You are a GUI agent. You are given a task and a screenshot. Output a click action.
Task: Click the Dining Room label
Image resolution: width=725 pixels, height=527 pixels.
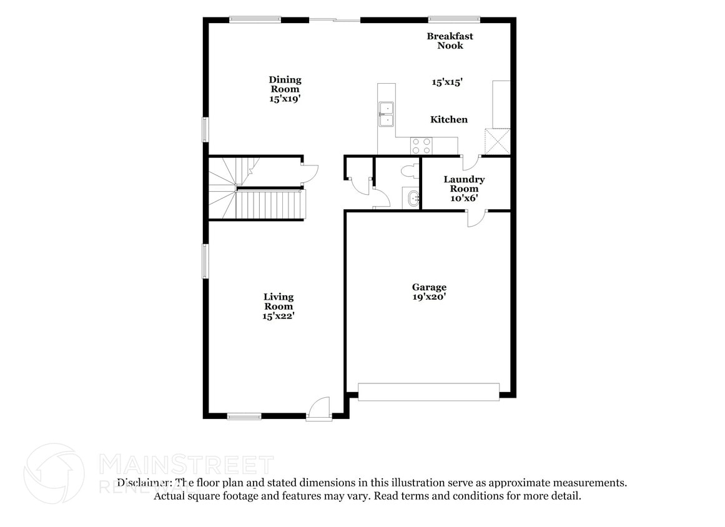tap(285, 84)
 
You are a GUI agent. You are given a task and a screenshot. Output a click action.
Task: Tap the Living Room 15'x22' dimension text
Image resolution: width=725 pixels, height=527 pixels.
tap(279, 317)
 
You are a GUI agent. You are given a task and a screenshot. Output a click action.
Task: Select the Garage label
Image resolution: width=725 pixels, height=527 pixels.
tap(429, 287)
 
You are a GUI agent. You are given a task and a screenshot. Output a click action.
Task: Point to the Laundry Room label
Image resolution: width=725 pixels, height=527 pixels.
tap(464, 184)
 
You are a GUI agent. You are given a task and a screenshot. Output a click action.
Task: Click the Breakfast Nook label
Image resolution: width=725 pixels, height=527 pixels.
tap(450, 41)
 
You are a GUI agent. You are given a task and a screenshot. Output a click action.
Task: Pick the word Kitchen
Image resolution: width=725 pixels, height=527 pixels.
tap(449, 119)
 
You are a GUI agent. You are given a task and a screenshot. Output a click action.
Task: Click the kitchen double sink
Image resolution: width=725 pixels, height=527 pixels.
tap(387, 114)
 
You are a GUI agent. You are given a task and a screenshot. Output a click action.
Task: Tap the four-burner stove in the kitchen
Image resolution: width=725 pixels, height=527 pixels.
tap(422, 146)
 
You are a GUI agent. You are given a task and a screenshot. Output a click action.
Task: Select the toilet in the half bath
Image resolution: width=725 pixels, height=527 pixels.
tap(410, 170)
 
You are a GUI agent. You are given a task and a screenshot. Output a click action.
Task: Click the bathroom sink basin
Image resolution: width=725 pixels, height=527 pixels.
tap(412, 199)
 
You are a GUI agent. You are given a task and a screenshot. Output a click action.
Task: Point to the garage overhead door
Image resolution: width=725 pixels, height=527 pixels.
tap(428, 392)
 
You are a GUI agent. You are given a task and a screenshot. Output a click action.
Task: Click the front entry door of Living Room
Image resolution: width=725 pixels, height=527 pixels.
tap(319, 408)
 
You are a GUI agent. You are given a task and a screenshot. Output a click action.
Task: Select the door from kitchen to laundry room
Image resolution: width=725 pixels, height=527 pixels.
tap(470, 162)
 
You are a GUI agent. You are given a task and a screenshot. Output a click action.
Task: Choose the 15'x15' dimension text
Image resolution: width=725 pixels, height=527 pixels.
tap(447, 82)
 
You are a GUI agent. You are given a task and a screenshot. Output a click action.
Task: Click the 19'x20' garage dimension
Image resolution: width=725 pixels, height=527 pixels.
tap(429, 297)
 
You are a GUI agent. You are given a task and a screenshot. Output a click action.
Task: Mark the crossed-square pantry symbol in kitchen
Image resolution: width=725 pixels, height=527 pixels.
tap(498, 141)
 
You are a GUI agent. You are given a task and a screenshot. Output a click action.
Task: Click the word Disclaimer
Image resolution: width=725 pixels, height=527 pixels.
tap(144, 483)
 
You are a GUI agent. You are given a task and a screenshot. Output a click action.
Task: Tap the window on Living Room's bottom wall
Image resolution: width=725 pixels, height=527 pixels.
tap(244, 416)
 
